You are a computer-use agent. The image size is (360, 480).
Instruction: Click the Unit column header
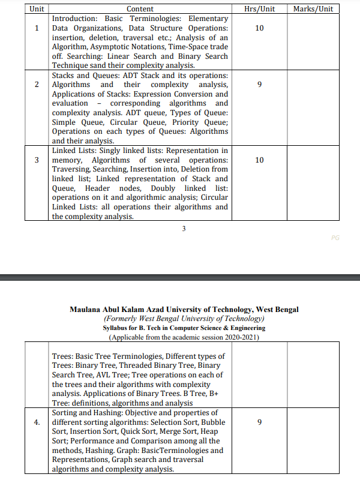(x=36, y=9)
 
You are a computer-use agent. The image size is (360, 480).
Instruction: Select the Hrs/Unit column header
(x=260, y=9)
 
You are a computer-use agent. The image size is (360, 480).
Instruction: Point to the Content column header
(x=140, y=9)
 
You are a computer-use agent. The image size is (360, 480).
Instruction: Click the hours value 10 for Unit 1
(x=259, y=28)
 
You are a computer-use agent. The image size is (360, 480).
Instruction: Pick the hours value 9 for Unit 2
(x=259, y=85)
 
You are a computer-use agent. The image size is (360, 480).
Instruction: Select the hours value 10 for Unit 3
(x=259, y=160)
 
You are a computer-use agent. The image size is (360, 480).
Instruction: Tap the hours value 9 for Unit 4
(x=259, y=422)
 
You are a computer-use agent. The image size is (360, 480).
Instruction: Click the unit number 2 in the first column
(x=37, y=85)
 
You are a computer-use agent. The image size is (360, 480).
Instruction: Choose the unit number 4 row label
(x=37, y=422)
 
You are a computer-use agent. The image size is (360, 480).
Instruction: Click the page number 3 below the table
(x=184, y=228)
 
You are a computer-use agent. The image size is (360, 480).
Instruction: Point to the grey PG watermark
(x=335, y=238)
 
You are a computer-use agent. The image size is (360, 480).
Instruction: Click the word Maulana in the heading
(x=88, y=310)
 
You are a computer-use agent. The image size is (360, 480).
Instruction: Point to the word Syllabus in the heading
(x=117, y=328)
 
